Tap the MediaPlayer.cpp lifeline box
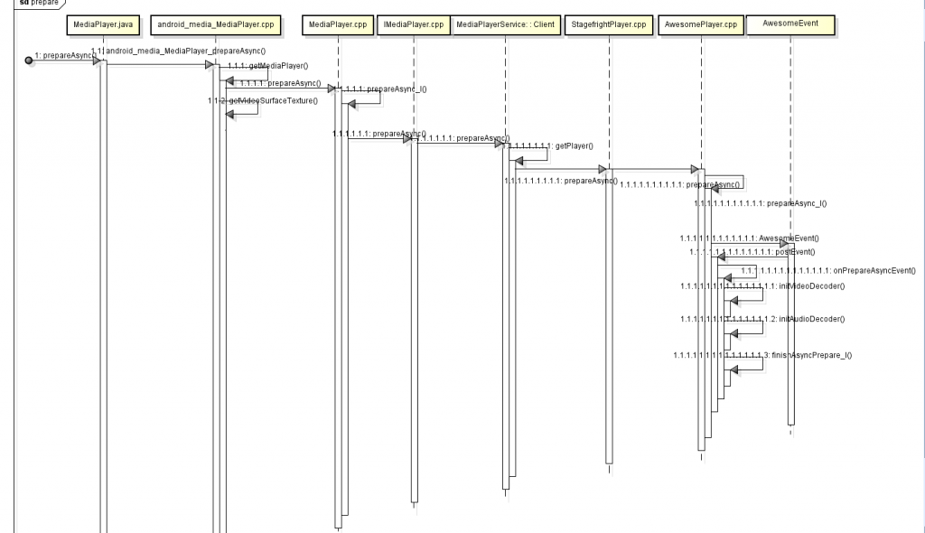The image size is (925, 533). coord(337,22)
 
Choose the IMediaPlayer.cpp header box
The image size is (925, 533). coord(412,22)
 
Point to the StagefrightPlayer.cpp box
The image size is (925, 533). coord(609,22)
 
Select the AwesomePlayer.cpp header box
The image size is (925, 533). coord(701,22)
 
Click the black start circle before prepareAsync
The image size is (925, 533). coord(29,60)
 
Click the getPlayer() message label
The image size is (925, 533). coord(573,145)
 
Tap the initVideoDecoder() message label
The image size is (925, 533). coord(811,286)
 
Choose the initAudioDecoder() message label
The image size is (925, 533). coord(811,320)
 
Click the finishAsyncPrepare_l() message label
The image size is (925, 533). coord(813,356)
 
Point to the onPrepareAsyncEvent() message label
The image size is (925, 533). coord(874,270)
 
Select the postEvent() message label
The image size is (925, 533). coord(795,252)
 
